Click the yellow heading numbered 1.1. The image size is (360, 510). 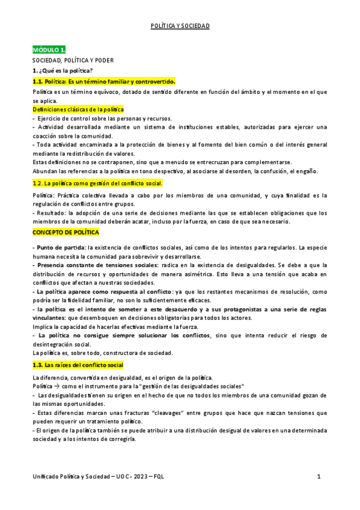pyautogui.click(x=103, y=81)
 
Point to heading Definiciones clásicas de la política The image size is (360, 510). pyautogui.click(x=78, y=109)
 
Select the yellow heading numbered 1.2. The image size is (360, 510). pyautogui.click(x=97, y=183)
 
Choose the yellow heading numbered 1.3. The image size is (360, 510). pyautogui.click(x=78, y=365)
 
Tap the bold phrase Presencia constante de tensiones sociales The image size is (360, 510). pyautogui.click(x=97, y=265)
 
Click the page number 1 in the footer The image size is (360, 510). pyautogui.click(x=319, y=477)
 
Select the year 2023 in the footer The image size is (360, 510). pyautogui.click(x=133, y=477)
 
